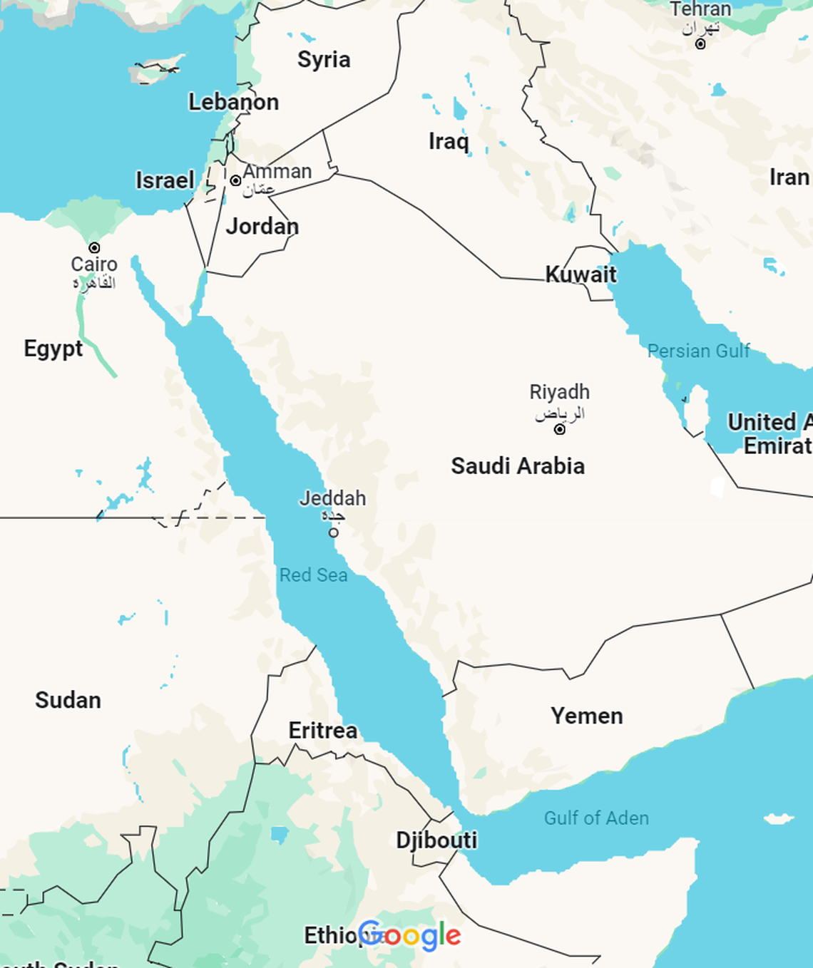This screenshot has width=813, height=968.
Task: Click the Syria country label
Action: click(324, 59)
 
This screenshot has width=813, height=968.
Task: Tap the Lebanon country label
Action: click(233, 102)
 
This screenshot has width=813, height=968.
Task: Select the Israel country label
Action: click(165, 180)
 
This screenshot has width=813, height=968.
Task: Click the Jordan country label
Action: click(262, 227)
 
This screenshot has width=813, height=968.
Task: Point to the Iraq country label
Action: click(449, 141)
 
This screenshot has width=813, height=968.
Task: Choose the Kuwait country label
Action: click(581, 274)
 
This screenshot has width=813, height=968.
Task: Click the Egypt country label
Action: click(53, 349)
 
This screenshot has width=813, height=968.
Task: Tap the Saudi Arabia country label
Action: click(518, 466)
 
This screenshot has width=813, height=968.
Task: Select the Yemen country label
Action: click(586, 716)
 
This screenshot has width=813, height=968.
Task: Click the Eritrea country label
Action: click(322, 731)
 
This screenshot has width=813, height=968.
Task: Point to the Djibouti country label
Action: click(436, 840)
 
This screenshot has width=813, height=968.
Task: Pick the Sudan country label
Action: click(68, 700)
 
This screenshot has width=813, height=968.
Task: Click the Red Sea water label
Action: click(313, 575)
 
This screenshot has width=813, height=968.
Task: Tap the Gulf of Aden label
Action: click(596, 818)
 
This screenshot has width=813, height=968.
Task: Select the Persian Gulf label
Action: click(698, 351)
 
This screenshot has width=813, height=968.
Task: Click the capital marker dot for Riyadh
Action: click(560, 429)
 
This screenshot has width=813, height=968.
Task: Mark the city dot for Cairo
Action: click(94, 248)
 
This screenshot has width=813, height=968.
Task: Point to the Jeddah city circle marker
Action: click(334, 532)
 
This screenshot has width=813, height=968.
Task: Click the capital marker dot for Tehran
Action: click(700, 44)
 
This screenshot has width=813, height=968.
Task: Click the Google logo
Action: click(409, 935)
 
